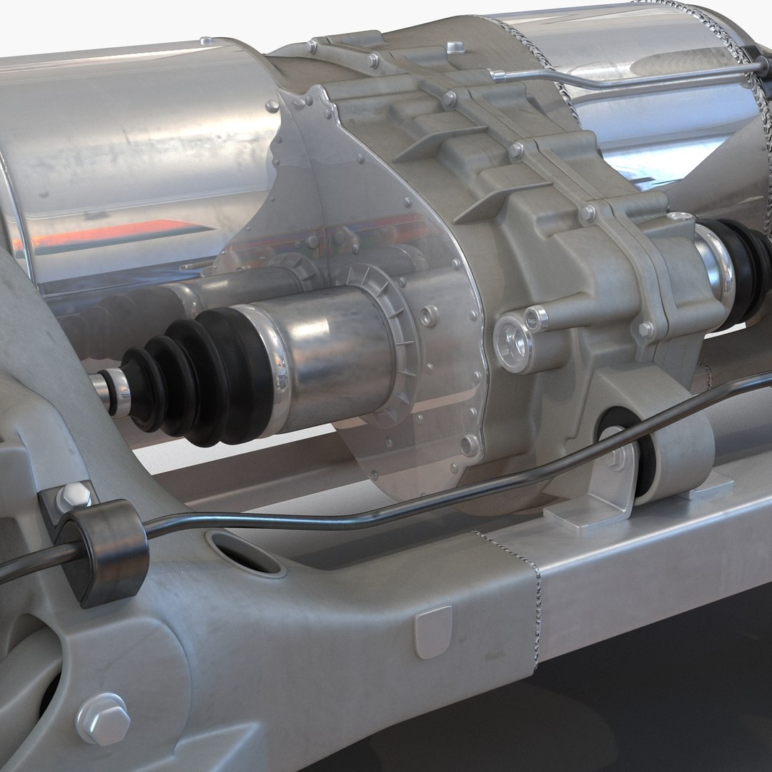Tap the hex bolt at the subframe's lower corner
coord(102,718)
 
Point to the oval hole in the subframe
coord(242,551)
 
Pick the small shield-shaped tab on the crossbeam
coord(433,630)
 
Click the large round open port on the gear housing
coord(513,344)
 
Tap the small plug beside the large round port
coord(536,318)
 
